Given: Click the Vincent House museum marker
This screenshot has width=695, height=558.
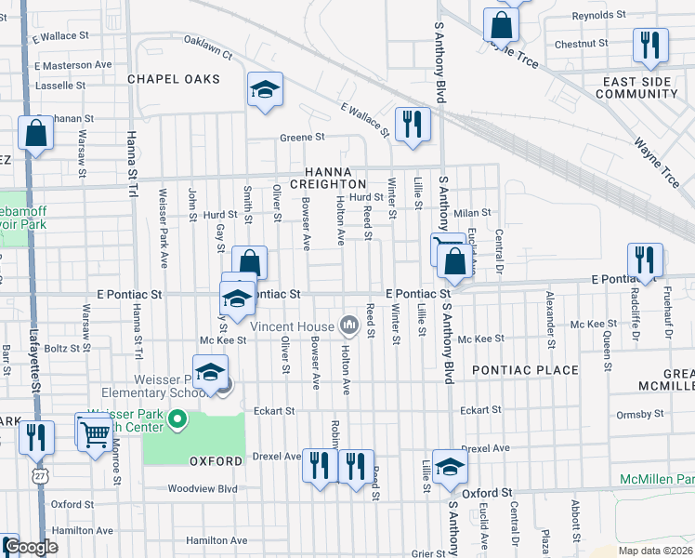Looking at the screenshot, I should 349,325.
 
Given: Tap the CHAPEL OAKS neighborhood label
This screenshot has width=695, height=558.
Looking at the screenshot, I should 174,79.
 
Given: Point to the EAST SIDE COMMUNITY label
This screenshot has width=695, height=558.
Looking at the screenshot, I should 636,87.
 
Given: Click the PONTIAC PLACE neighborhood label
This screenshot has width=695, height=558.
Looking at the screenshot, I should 525,370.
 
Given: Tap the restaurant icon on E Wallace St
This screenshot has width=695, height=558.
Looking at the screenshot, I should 410,125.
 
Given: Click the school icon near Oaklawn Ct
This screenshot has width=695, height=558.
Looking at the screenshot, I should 266,90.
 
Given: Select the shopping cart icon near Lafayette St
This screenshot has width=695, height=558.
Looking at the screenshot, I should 95,432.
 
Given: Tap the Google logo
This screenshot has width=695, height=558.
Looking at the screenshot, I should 31,548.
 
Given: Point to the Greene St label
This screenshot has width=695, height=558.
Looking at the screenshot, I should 302,137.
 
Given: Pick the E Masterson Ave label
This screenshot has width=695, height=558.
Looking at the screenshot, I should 73,65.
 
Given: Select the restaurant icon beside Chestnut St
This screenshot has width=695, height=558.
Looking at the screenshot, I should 649,45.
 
